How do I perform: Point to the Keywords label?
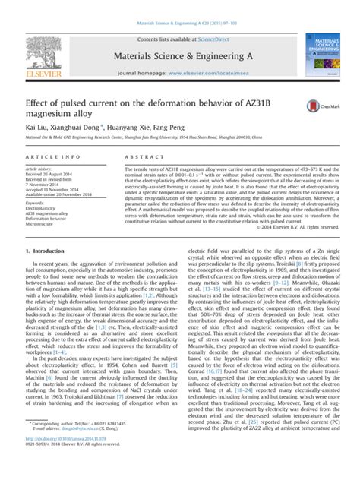pyautogui.click(x=36, y=203)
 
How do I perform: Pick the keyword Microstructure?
pyautogui.click(x=43, y=226)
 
